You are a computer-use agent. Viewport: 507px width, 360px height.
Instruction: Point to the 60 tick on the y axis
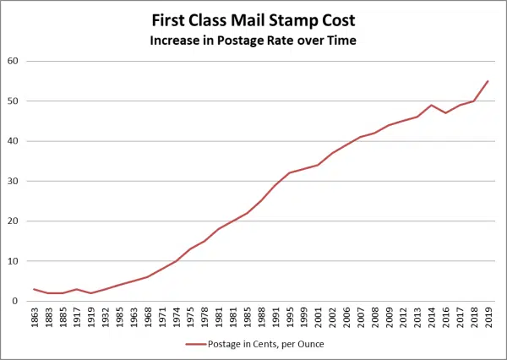tap(14, 61)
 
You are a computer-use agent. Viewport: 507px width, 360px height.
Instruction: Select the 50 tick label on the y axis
tap(14, 101)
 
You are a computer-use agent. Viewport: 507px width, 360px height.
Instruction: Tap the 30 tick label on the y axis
tap(14, 181)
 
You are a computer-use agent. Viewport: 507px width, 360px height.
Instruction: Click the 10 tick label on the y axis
tap(14, 261)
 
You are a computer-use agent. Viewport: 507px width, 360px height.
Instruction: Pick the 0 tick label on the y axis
tap(17, 301)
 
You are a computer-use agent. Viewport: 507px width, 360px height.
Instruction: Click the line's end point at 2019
tap(488, 81)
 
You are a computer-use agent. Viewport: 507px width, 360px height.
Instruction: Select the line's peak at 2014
tap(432, 105)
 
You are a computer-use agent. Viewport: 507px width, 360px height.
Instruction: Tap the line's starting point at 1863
tap(34, 289)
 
